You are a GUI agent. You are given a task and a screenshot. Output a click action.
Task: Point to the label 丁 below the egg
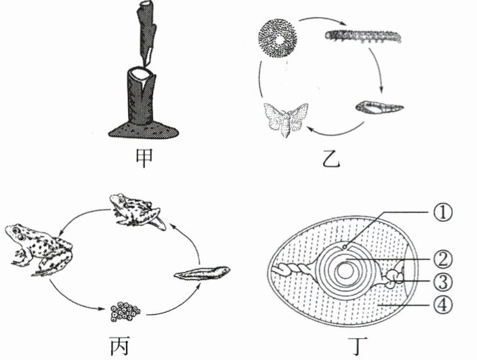(352, 345)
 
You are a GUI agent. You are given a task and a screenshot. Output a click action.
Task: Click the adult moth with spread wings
(285, 121)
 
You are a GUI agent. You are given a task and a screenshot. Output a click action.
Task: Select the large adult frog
(37, 248)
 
